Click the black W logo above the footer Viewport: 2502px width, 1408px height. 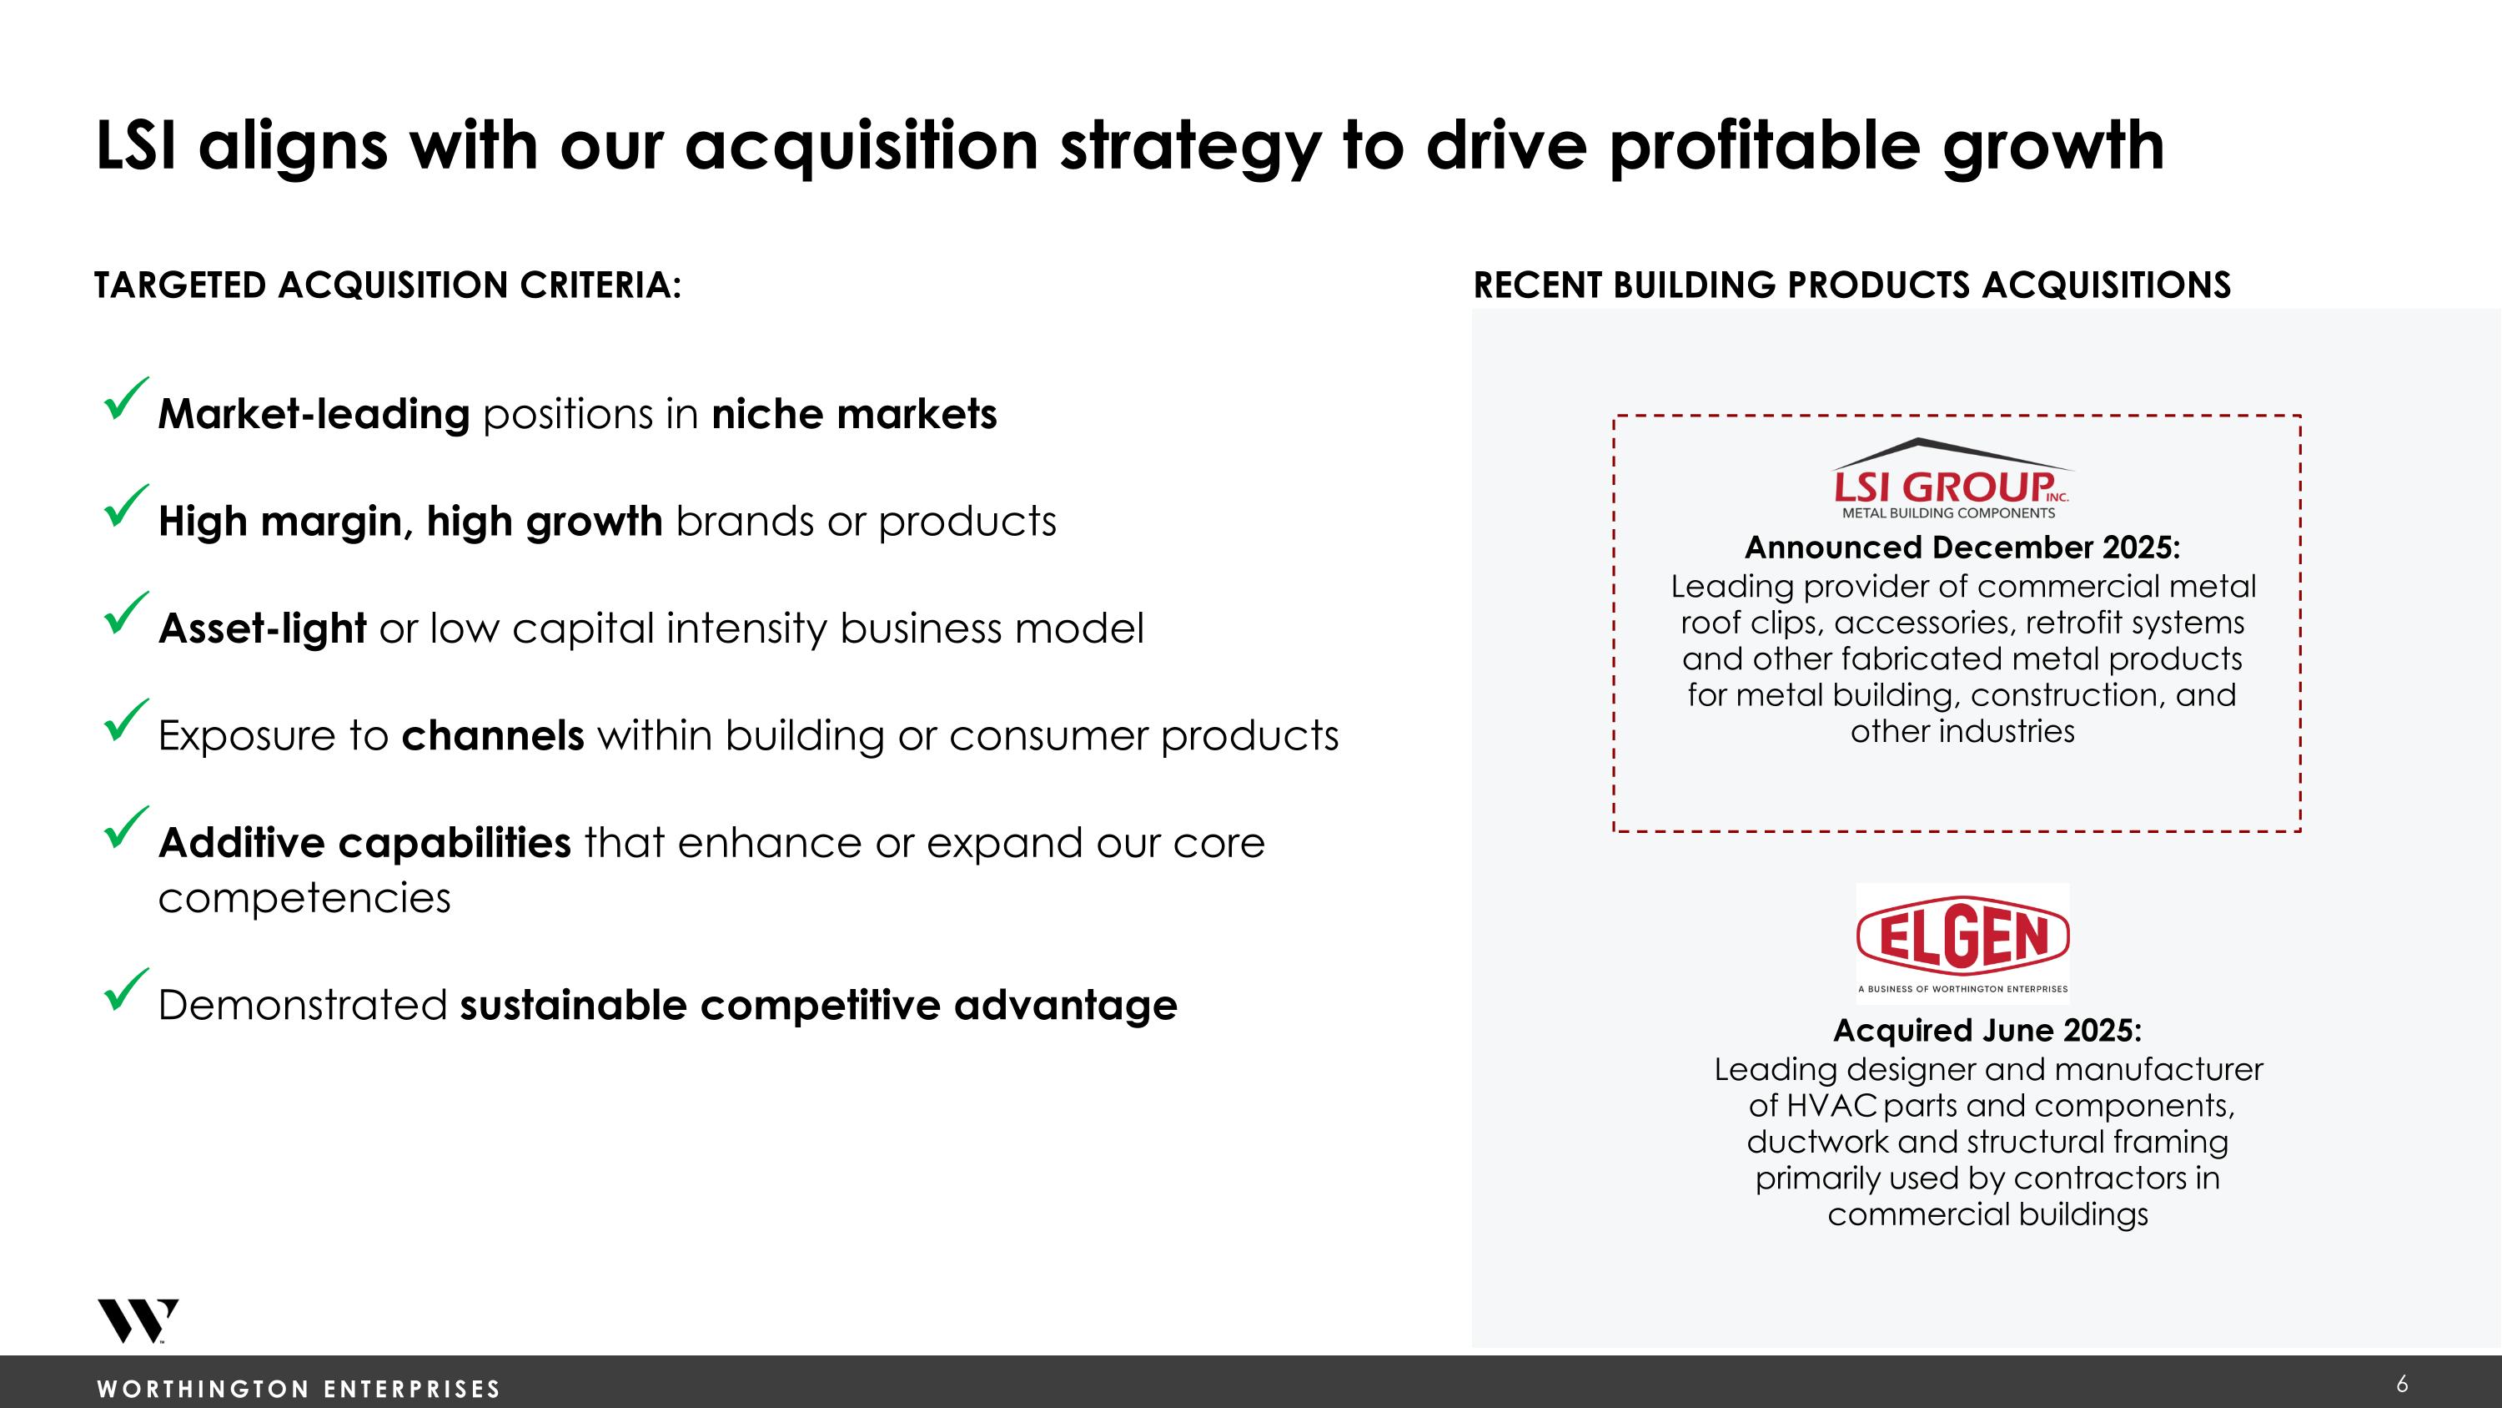pos(137,1320)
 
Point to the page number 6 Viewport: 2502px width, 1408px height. pos(2402,1384)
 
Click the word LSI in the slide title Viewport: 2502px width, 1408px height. pos(136,146)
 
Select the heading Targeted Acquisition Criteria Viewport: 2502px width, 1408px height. pos(388,285)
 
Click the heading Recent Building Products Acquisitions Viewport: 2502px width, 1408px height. pos(1851,285)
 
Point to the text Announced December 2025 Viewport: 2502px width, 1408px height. pos(1962,547)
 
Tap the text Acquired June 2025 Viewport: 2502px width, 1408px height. pos(1987,1030)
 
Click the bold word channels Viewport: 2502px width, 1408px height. pos(492,735)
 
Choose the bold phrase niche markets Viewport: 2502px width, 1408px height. pos(854,415)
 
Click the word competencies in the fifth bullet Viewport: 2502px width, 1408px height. pos(304,898)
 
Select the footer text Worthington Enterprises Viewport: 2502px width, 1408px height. pos(299,1389)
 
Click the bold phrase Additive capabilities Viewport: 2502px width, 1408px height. pos(364,842)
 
